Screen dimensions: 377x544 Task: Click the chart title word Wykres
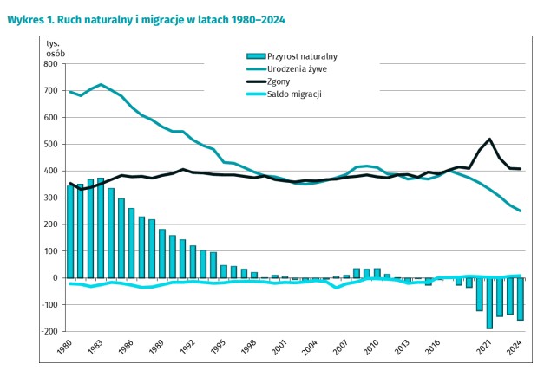click(x=25, y=18)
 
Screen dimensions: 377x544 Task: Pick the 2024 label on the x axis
click(x=514, y=349)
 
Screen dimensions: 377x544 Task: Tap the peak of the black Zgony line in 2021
click(x=490, y=139)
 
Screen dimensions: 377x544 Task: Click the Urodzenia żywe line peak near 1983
click(x=102, y=84)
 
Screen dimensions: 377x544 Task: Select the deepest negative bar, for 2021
click(x=490, y=303)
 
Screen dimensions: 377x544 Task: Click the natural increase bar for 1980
click(x=71, y=231)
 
